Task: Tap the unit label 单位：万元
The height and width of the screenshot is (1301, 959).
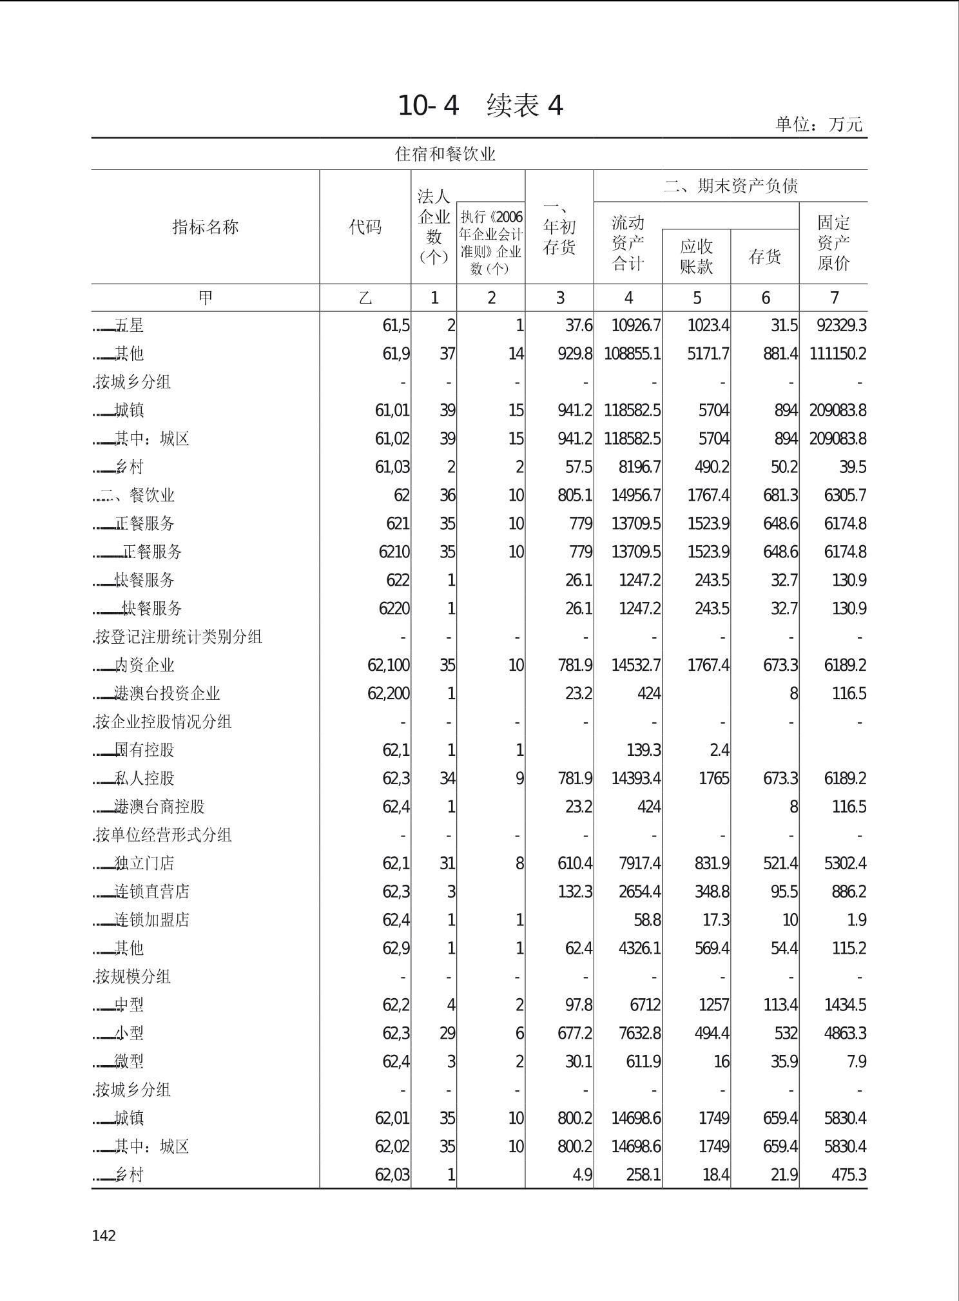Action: click(819, 124)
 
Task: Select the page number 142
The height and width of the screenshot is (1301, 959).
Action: click(104, 1235)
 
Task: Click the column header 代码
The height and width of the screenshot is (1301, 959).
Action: click(365, 227)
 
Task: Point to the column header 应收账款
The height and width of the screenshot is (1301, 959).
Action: click(696, 256)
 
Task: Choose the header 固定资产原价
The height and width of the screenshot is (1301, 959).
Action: click(833, 242)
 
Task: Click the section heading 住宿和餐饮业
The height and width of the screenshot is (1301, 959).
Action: click(445, 154)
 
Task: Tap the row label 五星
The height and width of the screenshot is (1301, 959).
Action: click(129, 325)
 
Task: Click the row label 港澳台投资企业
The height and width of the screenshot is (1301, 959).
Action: click(167, 693)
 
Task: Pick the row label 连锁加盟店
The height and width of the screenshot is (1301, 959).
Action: click(152, 920)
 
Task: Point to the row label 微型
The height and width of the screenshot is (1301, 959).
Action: click(129, 1061)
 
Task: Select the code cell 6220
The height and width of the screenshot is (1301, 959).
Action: click(394, 608)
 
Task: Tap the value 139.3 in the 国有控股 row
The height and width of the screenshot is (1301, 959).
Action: click(643, 750)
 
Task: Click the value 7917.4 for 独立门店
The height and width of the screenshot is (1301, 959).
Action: click(639, 863)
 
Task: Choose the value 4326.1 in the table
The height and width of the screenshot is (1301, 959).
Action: click(639, 948)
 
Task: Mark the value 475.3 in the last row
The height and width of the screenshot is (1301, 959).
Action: click(848, 1175)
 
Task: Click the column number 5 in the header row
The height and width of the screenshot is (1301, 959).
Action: click(697, 298)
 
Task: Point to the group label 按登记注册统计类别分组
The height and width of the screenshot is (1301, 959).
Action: click(178, 637)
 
